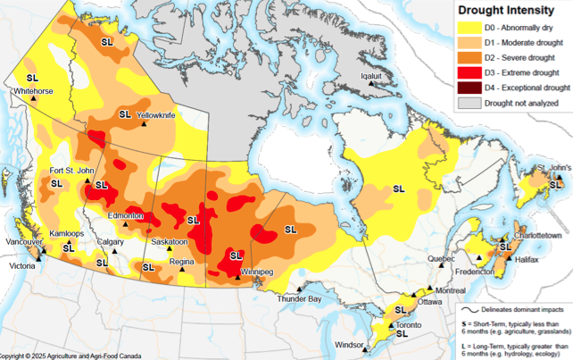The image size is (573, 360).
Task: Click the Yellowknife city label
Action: pos(156,116)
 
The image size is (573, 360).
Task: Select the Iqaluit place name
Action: pos(370,76)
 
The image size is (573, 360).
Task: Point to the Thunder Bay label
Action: pos(300,299)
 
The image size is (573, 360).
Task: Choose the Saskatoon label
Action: pos(169,242)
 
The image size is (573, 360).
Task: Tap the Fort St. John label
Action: pos(73,171)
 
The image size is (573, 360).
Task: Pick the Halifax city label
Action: pos(527,259)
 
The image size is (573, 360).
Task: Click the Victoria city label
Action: pos(23,266)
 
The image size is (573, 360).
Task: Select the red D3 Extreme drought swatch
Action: pos(469,72)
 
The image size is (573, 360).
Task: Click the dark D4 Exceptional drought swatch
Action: pos(469,88)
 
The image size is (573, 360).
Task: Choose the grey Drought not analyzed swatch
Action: pos(469,103)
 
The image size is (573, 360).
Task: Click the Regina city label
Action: pos(182,261)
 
